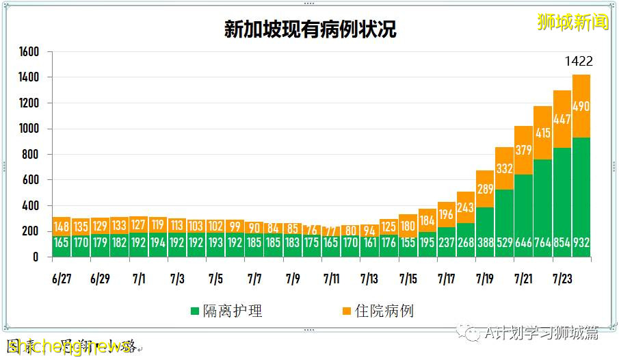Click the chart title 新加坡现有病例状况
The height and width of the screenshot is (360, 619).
coord(310,29)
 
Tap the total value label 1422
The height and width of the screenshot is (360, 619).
coord(579,62)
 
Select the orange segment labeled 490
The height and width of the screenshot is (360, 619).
coord(581,106)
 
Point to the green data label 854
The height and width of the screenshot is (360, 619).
coord(562,243)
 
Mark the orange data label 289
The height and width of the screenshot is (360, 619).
coord(485,188)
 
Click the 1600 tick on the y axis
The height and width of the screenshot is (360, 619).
coord(29,52)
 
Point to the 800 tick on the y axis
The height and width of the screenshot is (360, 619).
coord(32,155)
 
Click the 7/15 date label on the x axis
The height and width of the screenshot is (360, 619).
coord(408,279)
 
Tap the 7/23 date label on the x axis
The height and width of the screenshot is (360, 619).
coord(562,279)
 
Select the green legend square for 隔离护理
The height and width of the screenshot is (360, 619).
coord(196,311)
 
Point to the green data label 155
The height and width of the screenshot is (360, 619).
coord(408,243)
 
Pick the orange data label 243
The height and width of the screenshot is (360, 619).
coord(466,207)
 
